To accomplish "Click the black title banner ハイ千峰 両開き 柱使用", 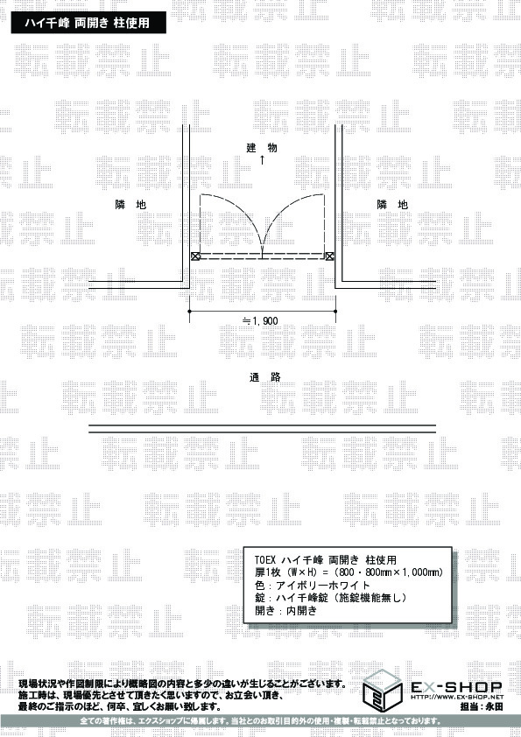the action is click(88, 23).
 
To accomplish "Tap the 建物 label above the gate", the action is click(262, 148).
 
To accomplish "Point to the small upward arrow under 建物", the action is click(262, 160).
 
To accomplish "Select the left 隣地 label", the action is click(130, 205).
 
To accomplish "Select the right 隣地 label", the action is click(392, 205).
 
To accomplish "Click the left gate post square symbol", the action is click(195, 256).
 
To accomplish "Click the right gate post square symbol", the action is click(329, 256).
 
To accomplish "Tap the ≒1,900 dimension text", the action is click(260, 321).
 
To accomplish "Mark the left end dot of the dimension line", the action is click(189, 311).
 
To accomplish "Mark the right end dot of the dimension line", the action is click(335, 311).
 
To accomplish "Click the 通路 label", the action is click(265, 377).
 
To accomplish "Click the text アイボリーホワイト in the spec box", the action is click(323, 586).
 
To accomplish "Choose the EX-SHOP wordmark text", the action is click(456, 688).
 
